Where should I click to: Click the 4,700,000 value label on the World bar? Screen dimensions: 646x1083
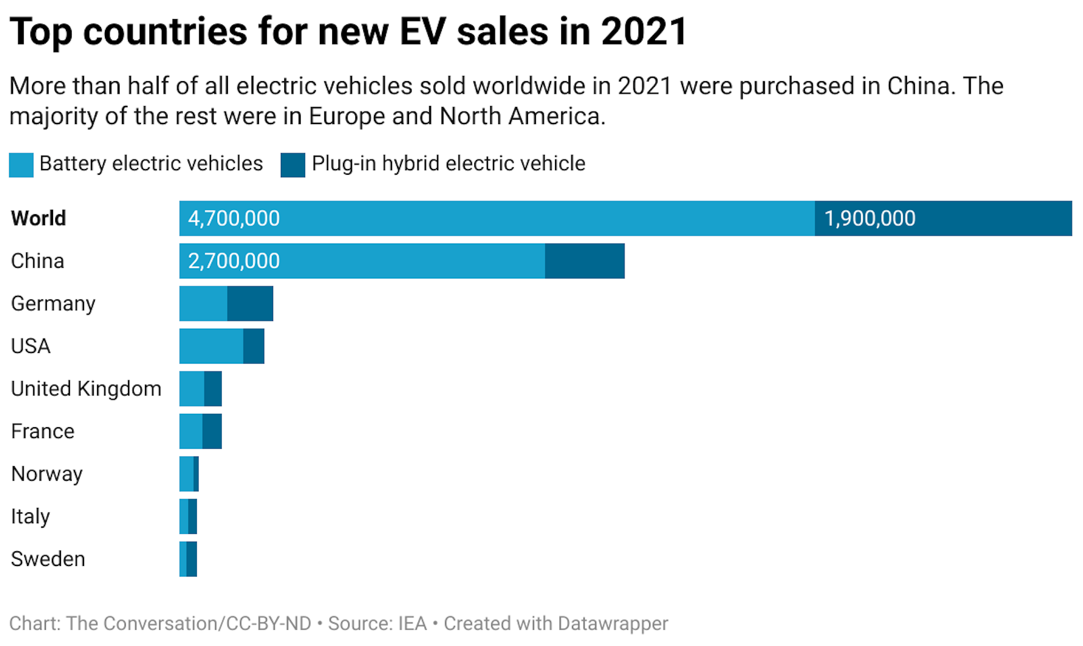coord(234,218)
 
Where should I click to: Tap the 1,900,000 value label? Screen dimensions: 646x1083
coord(870,218)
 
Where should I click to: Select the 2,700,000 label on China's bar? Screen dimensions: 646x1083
coord(234,261)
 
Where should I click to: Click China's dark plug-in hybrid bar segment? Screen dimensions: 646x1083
coord(584,261)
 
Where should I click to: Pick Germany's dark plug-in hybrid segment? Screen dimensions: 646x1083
coord(250,303)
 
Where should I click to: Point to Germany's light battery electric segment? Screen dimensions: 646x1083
coord(203,303)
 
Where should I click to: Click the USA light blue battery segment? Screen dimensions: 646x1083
coord(211,346)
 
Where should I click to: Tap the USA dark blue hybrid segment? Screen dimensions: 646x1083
coord(253,346)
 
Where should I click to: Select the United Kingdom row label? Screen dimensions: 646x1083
coord(86,389)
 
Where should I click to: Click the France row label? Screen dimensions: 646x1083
coord(42,431)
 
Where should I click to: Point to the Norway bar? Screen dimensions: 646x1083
coord(188,474)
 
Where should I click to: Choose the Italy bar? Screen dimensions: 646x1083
coord(188,516)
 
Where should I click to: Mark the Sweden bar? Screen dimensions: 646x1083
coord(188,559)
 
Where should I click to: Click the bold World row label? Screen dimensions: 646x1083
coord(38,218)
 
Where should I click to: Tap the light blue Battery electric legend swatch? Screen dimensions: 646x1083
coord(21,165)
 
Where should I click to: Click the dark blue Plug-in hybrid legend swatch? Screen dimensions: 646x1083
coord(293,165)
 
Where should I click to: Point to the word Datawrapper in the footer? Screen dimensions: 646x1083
coord(612,623)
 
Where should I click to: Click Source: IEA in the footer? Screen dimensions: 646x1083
coord(377,623)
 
